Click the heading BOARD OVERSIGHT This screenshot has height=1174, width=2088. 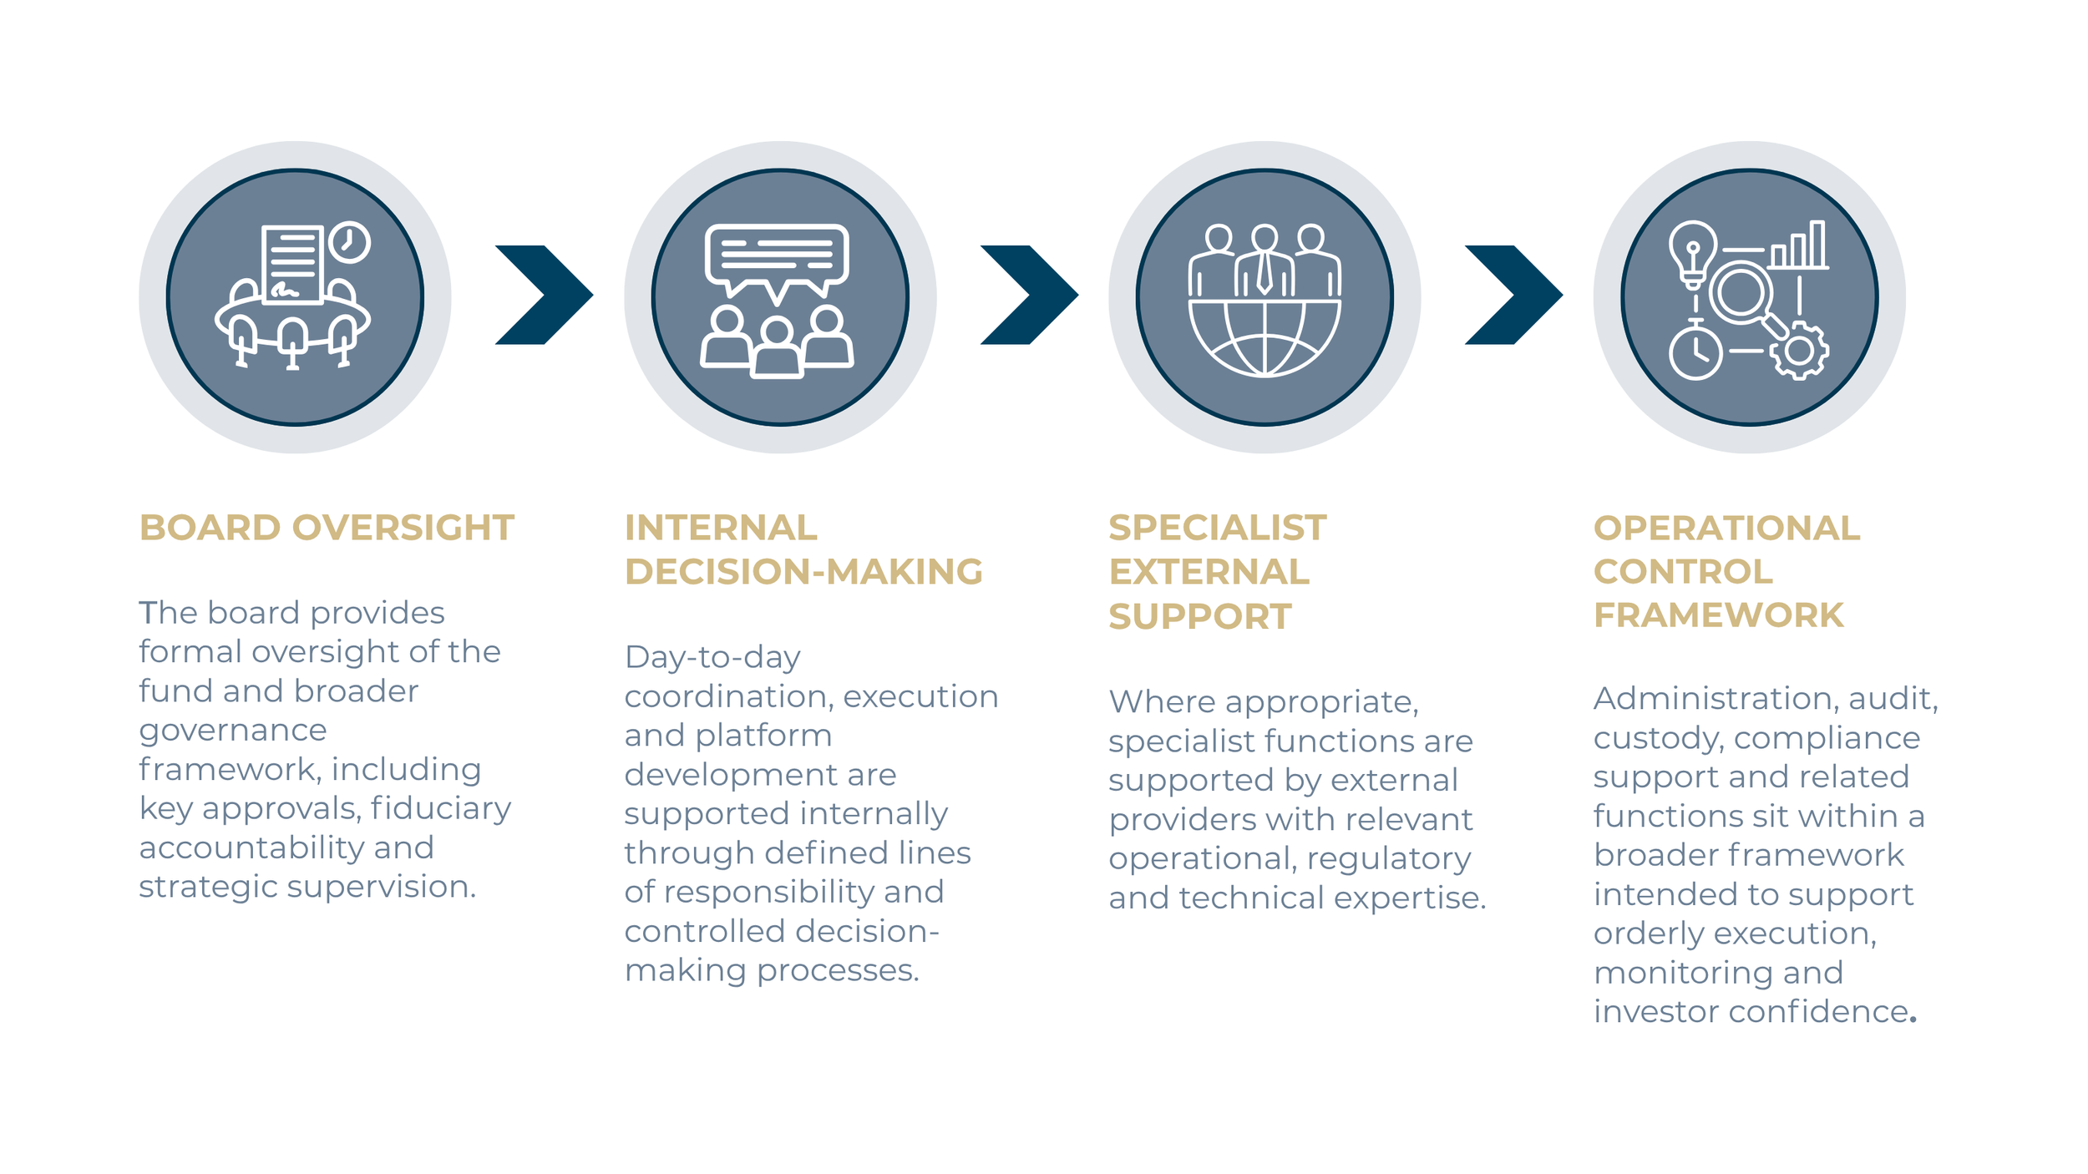[x=327, y=528]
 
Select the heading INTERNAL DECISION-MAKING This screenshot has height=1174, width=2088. [x=803, y=549]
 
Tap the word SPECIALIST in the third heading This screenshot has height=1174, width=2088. [x=1217, y=528]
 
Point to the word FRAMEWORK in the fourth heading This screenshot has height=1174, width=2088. [x=1718, y=615]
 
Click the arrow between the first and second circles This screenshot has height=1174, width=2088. [x=544, y=295]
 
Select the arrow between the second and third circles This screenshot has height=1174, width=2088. [x=1029, y=295]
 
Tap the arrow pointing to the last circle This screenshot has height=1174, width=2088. [x=1513, y=295]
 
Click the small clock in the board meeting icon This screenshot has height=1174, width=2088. [x=349, y=242]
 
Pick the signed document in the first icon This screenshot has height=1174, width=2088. [x=292, y=263]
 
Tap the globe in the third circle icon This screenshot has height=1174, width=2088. [x=1264, y=338]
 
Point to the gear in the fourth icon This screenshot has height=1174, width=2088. [x=1799, y=351]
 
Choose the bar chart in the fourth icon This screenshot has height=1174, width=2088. [x=1799, y=246]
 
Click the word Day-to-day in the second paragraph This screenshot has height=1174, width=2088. [x=712, y=657]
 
